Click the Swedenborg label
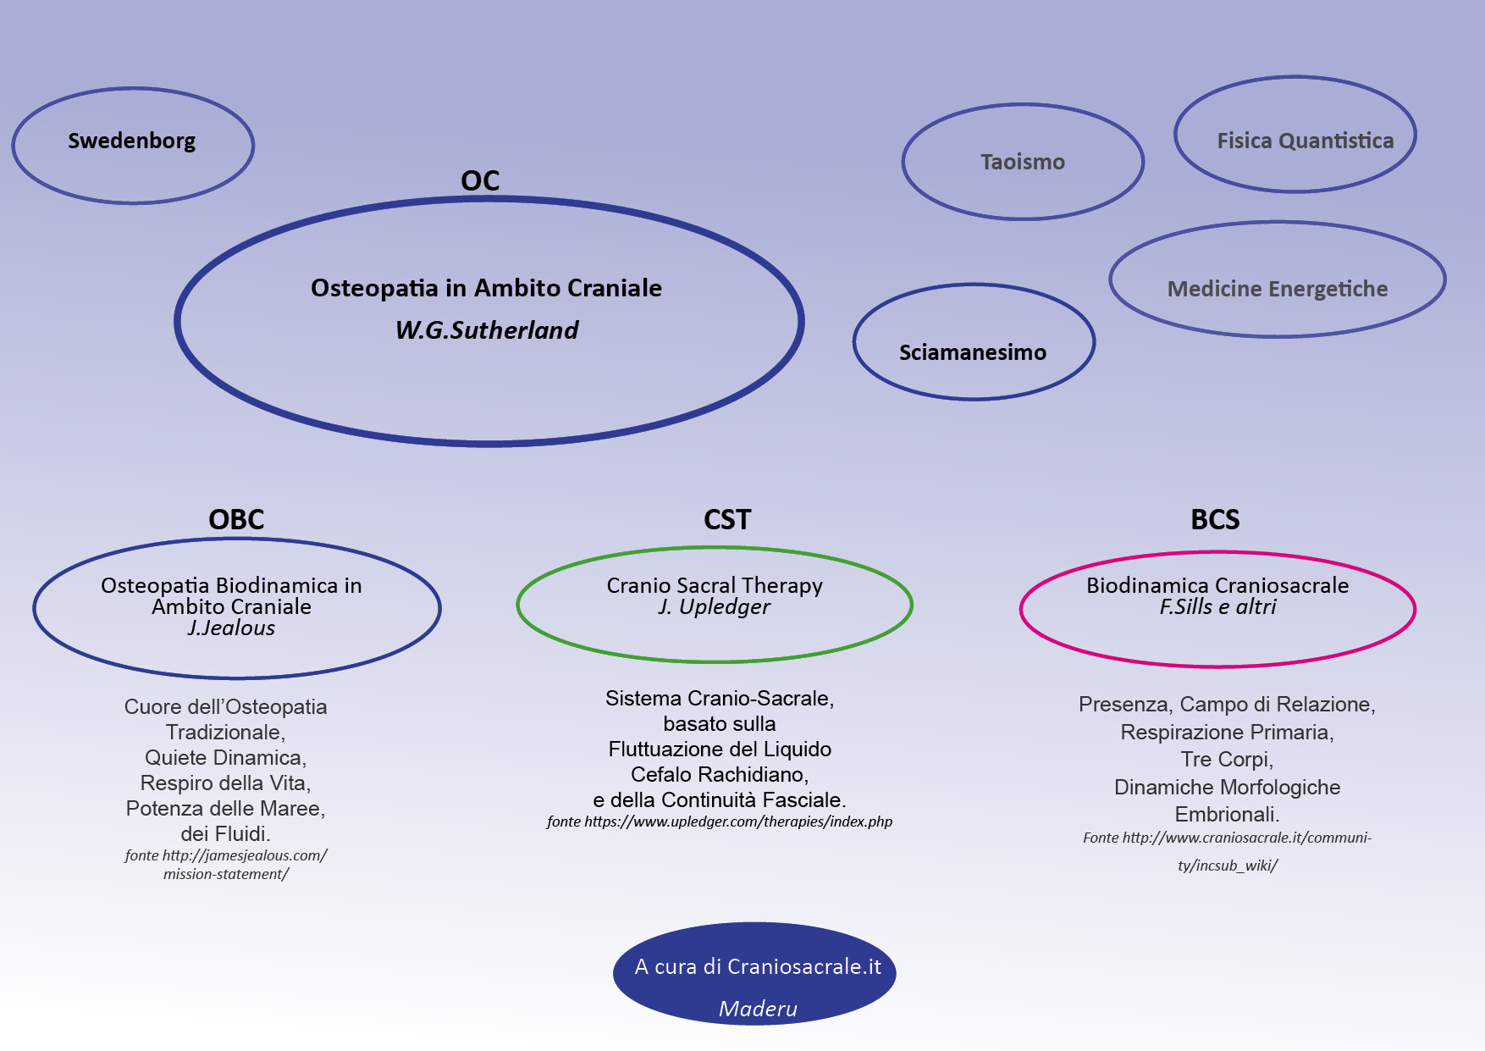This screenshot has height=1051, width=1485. (x=132, y=141)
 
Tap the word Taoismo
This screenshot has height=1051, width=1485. (x=1023, y=162)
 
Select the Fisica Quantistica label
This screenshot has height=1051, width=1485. (x=1305, y=141)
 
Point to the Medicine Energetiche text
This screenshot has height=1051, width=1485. (x=1277, y=289)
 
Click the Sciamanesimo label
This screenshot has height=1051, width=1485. (x=972, y=352)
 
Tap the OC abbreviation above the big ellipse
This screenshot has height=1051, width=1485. (x=480, y=180)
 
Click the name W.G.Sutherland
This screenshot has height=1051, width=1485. (x=487, y=330)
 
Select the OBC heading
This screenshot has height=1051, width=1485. (x=236, y=519)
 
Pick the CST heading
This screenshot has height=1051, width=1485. (x=727, y=519)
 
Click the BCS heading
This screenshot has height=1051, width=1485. (x=1215, y=519)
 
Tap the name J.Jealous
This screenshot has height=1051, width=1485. (x=231, y=628)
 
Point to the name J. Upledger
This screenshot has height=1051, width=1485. (x=714, y=607)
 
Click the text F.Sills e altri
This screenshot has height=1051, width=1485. (x=1217, y=607)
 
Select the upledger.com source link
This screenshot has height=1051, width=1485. (x=720, y=821)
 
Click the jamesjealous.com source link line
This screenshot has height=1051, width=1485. (x=226, y=855)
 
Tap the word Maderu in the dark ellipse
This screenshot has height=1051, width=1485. (x=758, y=1009)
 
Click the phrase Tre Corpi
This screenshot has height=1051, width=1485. (x=1227, y=760)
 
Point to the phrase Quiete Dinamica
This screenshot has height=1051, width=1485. (x=225, y=758)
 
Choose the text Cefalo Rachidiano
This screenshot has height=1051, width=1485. (x=720, y=775)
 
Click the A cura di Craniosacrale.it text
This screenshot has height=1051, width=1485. (x=758, y=967)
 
